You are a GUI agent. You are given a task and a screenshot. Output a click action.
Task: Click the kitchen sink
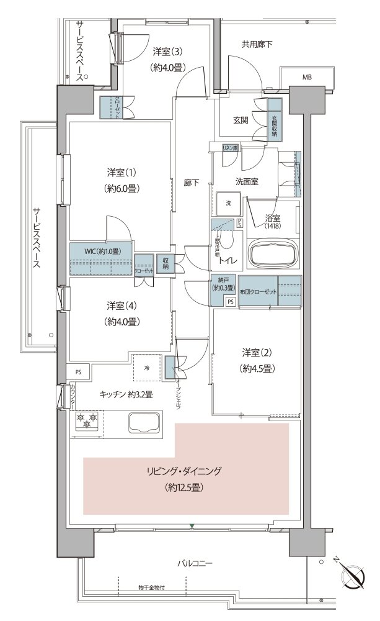pyautogui.click(x=144, y=425)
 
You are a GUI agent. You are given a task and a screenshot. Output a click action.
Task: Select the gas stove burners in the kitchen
pyautogui.click(x=87, y=422)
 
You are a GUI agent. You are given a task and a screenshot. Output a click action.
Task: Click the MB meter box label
pyautogui.click(x=307, y=78)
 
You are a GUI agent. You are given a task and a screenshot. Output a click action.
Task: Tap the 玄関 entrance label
pyautogui.click(x=241, y=120)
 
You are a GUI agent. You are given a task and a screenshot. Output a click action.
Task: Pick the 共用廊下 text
pyautogui.click(x=257, y=45)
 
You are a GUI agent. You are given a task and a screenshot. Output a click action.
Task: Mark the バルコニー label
pyautogui.click(x=195, y=564)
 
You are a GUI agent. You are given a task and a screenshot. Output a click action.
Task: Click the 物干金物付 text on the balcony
pyautogui.click(x=152, y=587)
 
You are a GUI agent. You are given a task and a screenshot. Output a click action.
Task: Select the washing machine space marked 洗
pyautogui.click(x=228, y=203)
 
